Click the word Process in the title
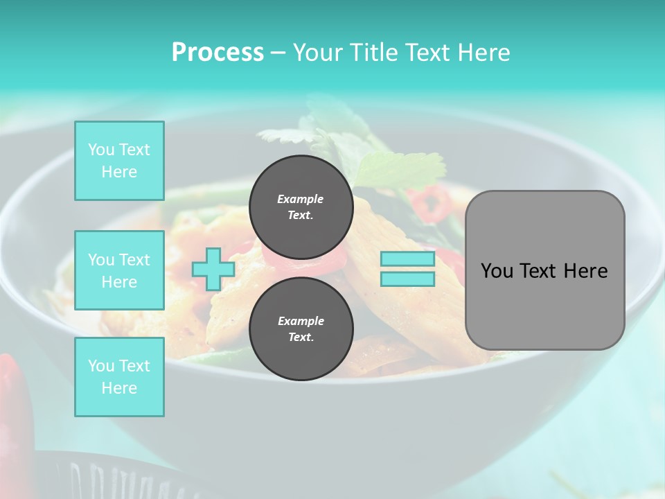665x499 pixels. pos(218,53)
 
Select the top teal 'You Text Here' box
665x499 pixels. pos(119,161)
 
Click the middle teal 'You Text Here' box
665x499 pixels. pos(119,270)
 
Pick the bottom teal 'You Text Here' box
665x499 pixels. pos(119,377)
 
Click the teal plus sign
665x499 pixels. pos(213,269)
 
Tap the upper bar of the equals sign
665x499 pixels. pos(407,259)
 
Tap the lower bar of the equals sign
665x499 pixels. pos(407,279)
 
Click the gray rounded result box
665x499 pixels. pos(544,305)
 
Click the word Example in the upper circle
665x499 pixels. pos(300,199)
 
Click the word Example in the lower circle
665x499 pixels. pos(301,321)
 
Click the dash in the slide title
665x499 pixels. pos(278,53)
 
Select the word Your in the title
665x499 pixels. pos(319,53)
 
